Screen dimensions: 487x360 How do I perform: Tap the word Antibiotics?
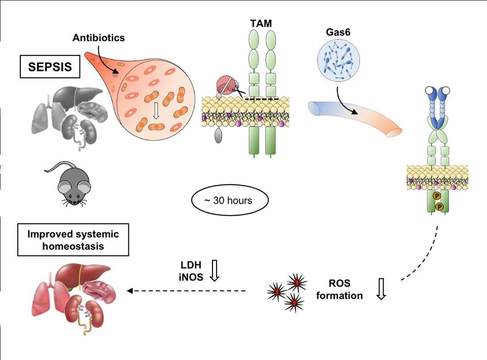point(98,38)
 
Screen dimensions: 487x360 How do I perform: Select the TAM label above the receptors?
point(261,23)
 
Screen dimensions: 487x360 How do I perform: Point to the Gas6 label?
point(338,32)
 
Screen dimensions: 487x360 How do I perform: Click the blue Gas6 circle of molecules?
point(338,60)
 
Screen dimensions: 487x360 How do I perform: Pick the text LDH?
point(191,265)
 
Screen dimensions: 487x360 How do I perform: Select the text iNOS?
point(191,277)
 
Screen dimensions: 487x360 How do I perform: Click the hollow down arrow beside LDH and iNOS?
point(215,271)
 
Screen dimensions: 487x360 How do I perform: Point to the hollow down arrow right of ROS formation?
point(381,289)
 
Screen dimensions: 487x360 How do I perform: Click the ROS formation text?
point(340,289)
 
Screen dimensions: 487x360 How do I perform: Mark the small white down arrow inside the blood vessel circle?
point(156,111)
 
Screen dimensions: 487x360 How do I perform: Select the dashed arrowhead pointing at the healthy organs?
point(130,291)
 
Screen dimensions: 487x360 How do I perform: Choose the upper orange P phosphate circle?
point(437,196)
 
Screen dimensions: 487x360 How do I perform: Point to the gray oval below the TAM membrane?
point(219,136)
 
